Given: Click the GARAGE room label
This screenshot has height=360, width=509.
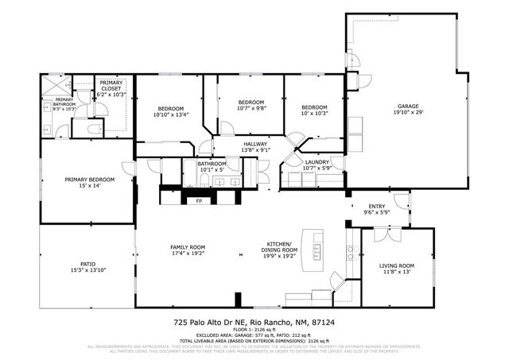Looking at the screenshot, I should pyautogui.click(x=408, y=106).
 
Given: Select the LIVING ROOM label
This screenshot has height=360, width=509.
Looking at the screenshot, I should pyautogui.click(x=397, y=265).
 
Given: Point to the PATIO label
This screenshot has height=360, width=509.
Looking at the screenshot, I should pyautogui.click(x=87, y=265).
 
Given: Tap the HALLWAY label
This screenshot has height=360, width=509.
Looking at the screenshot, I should pyautogui.click(x=254, y=144).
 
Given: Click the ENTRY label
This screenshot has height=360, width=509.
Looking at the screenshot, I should pyautogui.click(x=376, y=206).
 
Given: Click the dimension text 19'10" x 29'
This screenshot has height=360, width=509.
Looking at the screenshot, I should pyautogui.click(x=408, y=113).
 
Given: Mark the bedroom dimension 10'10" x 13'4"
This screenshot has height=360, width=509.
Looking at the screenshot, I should pyautogui.click(x=170, y=114).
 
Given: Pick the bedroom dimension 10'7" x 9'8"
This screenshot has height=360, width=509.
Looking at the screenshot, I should pyautogui.click(x=251, y=108).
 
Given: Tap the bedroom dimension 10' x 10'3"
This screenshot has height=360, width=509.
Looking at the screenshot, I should pyautogui.click(x=314, y=114).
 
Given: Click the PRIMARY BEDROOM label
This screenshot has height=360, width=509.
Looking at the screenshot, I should pyautogui.click(x=89, y=180).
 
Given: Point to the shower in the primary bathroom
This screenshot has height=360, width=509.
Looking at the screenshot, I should pyautogui.click(x=54, y=85).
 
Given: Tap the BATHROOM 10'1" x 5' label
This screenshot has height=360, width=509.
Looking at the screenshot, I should pyautogui.click(x=212, y=166).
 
